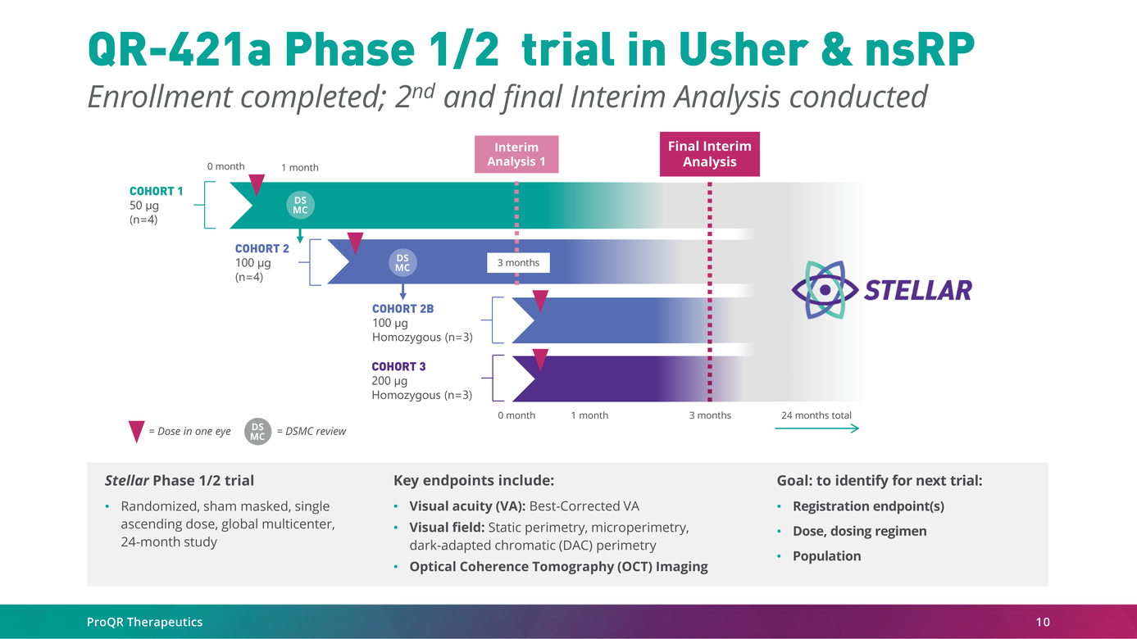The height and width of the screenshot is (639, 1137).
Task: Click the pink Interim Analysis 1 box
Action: click(516, 154)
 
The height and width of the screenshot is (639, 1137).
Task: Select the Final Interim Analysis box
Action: click(709, 154)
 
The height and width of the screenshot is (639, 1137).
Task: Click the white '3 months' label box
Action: click(518, 263)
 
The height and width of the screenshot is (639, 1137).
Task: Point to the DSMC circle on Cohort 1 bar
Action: click(301, 206)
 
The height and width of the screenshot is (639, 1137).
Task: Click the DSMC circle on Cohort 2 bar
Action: click(402, 263)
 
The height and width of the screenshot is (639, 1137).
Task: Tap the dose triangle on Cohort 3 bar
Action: click(540, 359)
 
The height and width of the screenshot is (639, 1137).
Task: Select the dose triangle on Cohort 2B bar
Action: click(540, 300)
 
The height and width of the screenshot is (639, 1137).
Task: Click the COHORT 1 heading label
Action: click(157, 191)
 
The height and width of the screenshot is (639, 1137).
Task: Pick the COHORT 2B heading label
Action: click(402, 309)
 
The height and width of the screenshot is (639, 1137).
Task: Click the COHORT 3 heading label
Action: click(398, 366)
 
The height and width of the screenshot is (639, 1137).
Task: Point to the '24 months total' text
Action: click(816, 415)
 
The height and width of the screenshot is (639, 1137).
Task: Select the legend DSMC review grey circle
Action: click(257, 431)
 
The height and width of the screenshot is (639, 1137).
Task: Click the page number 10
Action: click(1042, 622)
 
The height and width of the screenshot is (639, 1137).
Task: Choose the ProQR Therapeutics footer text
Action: click(144, 622)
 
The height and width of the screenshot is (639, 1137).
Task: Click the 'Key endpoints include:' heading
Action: click(474, 481)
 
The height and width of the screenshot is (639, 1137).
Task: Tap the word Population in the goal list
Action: click(826, 556)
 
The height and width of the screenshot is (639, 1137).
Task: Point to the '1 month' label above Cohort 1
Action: click(300, 168)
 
